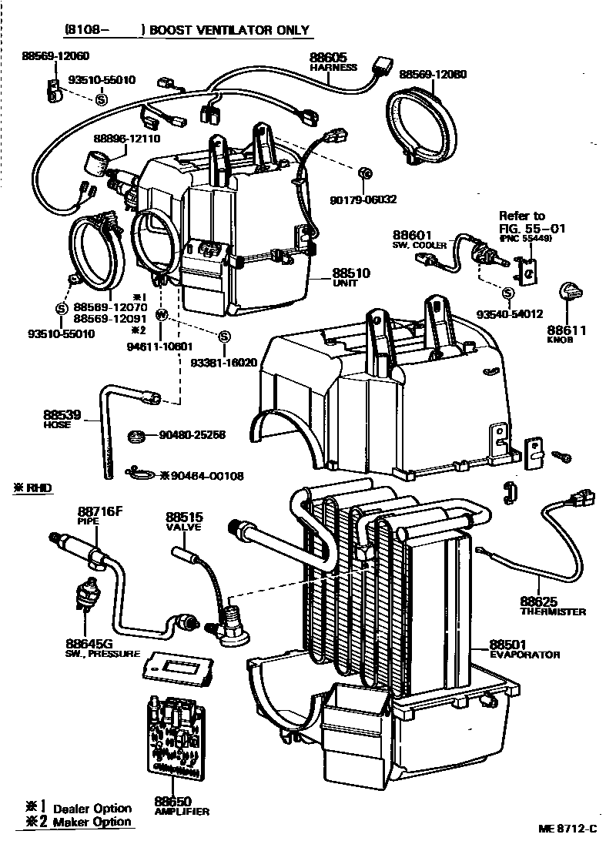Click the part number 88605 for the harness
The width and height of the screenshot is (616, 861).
pyautogui.click(x=329, y=57)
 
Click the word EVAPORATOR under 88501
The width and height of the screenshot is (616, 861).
pyautogui.click(x=524, y=655)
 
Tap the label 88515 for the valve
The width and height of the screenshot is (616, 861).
pyautogui.click(x=184, y=517)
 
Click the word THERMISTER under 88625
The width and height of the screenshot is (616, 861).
pyautogui.click(x=552, y=611)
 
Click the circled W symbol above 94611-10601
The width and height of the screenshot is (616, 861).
pyautogui.click(x=162, y=314)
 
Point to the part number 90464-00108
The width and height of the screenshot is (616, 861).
pyautogui.click(x=206, y=476)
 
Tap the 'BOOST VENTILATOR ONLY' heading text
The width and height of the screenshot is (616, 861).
pyautogui.click(x=229, y=31)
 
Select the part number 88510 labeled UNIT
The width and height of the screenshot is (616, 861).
pyautogui.click(x=351, y=273)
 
